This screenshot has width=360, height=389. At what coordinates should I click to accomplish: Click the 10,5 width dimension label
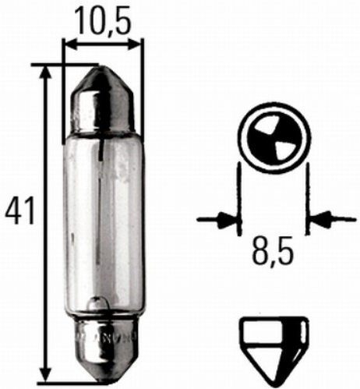[104, 21]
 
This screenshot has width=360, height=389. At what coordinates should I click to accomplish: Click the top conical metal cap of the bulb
[103, 100]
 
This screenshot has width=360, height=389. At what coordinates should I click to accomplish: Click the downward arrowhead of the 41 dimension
[46, 374]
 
